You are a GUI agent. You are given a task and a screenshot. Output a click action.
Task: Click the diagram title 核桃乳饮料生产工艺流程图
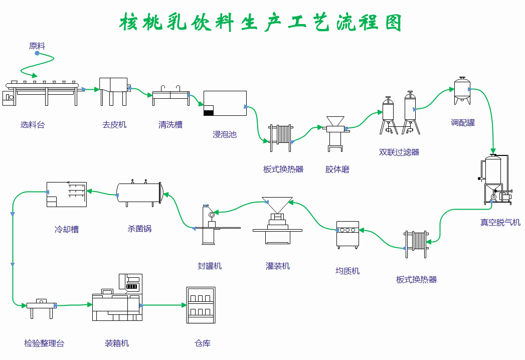261,23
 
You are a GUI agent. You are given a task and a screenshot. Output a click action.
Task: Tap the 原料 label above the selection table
37,46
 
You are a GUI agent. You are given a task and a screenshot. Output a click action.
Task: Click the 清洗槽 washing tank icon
170,95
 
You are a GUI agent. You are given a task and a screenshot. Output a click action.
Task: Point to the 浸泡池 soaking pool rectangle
225,103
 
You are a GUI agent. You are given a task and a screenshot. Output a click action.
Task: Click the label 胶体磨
337,169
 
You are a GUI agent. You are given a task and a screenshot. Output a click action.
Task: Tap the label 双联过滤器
399,152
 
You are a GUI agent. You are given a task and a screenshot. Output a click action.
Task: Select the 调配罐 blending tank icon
462,91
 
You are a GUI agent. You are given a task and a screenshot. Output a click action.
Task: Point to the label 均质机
347,271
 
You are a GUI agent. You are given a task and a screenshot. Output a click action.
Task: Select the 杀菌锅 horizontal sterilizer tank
139,193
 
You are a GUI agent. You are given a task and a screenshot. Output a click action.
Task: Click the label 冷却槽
67,230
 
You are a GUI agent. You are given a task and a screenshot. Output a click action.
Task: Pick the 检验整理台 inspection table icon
41,308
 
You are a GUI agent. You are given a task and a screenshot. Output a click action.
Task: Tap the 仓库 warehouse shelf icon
201,305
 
